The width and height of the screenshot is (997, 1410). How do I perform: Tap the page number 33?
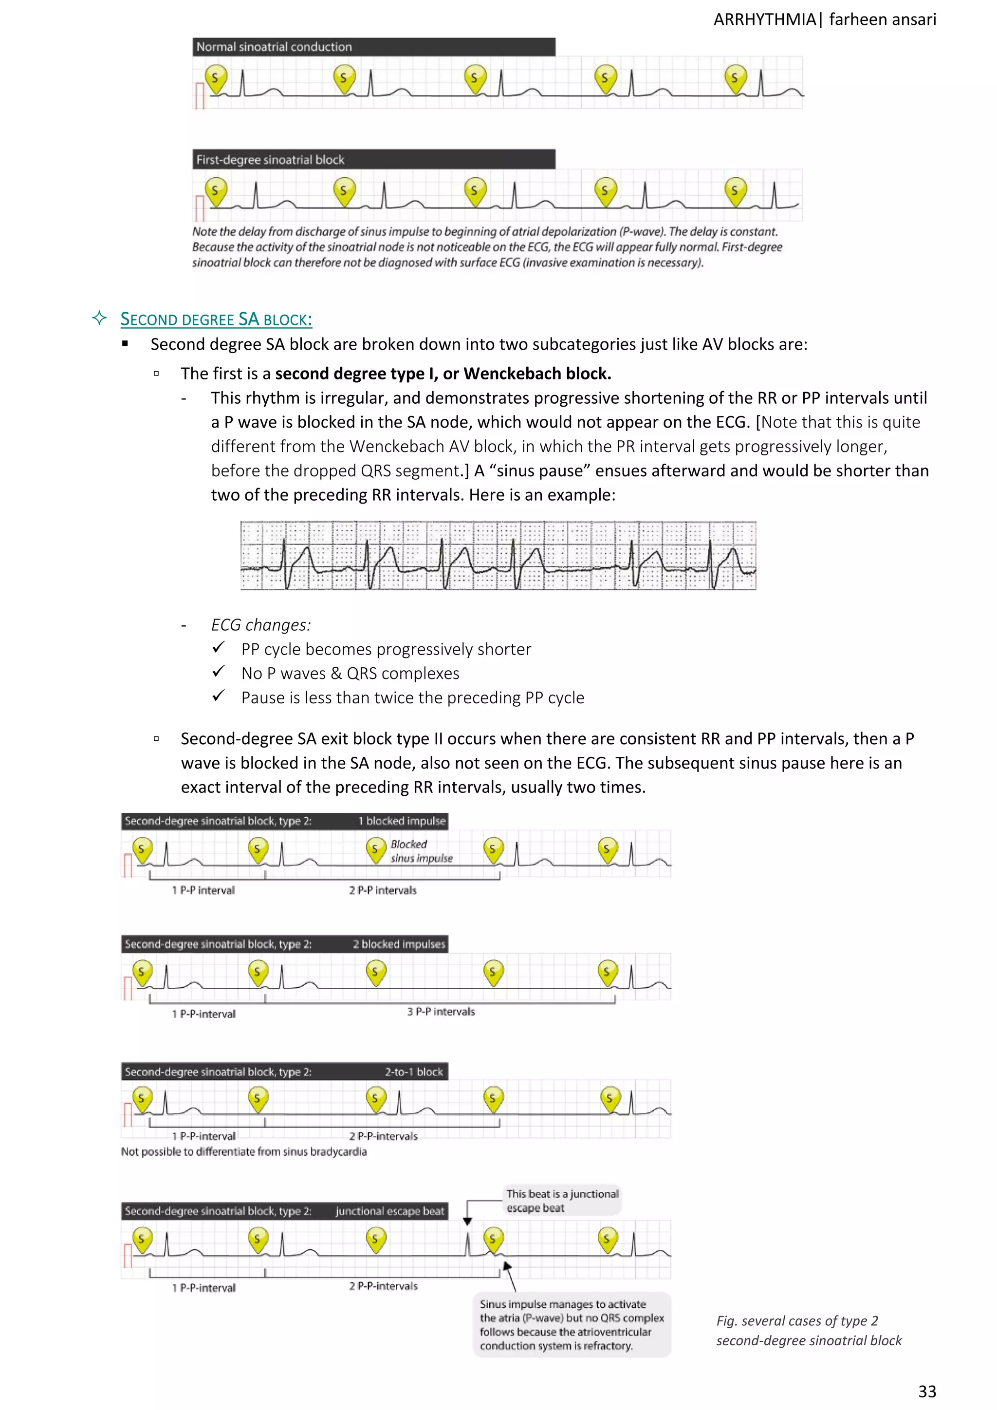pyautogui.click(x=926, y=1391)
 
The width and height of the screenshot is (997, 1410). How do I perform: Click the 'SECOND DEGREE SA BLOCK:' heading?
pyautogui.click(x=216, y=320)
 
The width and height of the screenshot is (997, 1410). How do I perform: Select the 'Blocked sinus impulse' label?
pyautogui.click(x=421, y=851)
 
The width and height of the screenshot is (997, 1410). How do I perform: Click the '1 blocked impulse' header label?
pyautogui.click(x=402, y=821)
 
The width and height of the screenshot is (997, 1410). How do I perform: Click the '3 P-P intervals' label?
pyautogui.click(x=441, y=1012)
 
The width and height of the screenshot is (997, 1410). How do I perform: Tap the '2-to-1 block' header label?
pyautogui.click(x=413, y=1072)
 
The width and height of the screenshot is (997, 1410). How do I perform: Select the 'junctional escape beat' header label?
pyautogui.click(x=389, y=1211)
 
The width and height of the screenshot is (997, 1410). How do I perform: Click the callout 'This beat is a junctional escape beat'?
pyautogui.click(x=562, y=1201)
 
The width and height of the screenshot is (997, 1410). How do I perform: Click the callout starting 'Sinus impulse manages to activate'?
pyautogui.click(x=572, y=1325)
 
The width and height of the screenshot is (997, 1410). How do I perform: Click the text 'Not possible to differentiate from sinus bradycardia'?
pyautogui.click(x=244, y=1151)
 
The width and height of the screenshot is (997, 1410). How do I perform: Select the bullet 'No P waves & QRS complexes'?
pyautogui.click(x=350, y=674)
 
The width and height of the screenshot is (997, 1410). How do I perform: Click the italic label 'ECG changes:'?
pyautogui.click(x=261, y=625)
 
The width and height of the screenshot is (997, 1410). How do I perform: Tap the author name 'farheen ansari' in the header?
pyautogui.click(x=882, y=19)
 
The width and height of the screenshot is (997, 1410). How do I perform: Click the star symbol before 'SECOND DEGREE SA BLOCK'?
pyautogui.click(x=99, y=318)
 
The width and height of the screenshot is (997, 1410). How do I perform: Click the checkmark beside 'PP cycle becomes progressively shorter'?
pyautogui.click(x=219, y=648)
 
